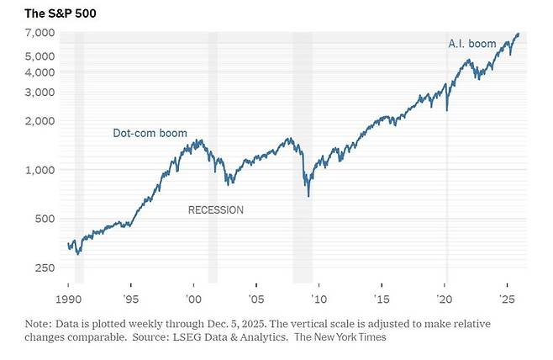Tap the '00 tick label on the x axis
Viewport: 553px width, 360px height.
[x=192, y=299]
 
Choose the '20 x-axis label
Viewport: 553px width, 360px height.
[x=445, y=299]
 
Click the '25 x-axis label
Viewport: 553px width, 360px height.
[x=507, y=299]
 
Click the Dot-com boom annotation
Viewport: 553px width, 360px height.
[x=150, y=133]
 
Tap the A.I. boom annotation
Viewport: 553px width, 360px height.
[x=472, y=42]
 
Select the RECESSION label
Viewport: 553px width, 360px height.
[x=215, y=210]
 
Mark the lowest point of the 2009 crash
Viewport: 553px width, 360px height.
[x=308, y=196]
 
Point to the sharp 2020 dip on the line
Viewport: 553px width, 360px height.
[x=446, y=109]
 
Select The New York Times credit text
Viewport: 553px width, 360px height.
[x=345, y=337]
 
